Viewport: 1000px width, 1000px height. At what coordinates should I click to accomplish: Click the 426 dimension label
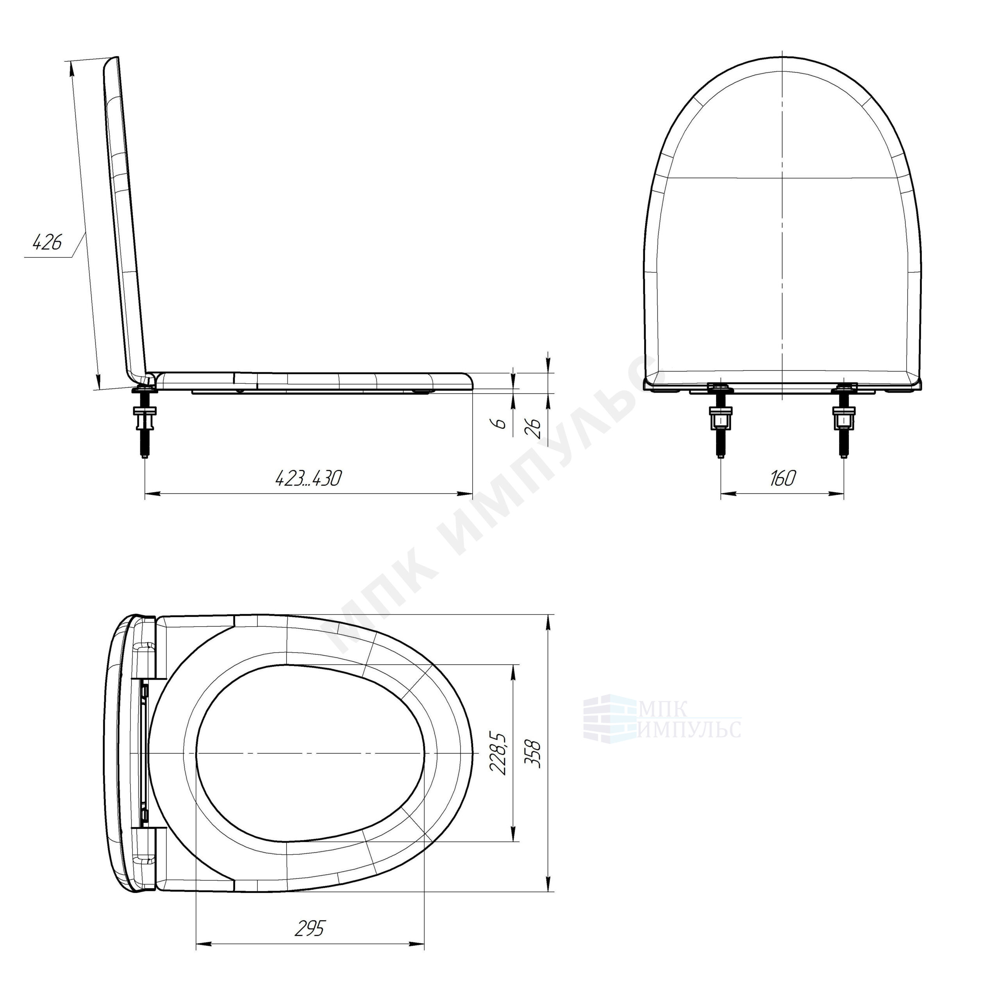pyautogui.click(x=48, y=242)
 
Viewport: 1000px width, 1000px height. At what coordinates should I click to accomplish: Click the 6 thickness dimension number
pyautogui.click(x=500, y=423)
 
